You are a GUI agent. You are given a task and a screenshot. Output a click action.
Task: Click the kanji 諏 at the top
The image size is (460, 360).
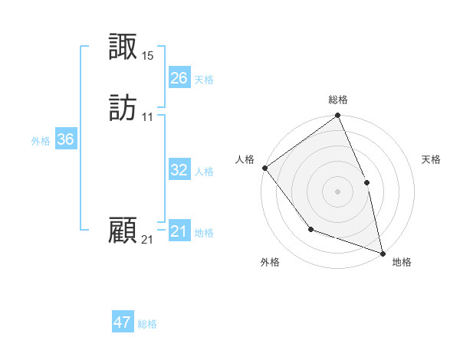123,47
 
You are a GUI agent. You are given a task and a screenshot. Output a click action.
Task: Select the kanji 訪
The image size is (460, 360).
123,108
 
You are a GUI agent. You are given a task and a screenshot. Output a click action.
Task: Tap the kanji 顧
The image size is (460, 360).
123,231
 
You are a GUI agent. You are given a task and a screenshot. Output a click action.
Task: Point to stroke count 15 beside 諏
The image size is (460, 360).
148,56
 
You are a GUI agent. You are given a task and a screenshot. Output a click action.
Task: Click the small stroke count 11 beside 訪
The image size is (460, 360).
148,117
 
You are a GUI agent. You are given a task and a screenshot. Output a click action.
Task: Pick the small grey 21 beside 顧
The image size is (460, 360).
147,240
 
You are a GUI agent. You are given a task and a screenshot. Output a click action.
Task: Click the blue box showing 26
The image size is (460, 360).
179,78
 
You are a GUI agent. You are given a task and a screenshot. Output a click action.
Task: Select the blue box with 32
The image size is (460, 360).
179,170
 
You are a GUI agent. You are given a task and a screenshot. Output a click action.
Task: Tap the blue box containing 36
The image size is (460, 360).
65,139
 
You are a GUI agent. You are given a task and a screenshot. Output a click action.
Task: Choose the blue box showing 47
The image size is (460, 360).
123,322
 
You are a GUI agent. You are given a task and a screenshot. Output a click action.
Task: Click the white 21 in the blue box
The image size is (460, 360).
179,231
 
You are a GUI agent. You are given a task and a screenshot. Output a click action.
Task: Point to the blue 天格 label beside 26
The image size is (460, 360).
204,80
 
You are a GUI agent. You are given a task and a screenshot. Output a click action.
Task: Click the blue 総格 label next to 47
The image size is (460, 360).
147,324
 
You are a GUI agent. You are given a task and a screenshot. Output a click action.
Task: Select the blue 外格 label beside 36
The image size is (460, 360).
41,141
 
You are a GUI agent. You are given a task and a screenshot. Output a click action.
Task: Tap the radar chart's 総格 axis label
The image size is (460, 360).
338,100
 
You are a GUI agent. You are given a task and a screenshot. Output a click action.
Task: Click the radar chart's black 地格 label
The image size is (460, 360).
402,262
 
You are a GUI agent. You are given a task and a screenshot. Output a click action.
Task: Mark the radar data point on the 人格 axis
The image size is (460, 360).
264,168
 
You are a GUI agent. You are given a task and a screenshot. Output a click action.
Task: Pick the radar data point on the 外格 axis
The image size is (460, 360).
310,229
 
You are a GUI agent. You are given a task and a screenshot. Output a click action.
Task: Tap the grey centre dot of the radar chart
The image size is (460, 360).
338,191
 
